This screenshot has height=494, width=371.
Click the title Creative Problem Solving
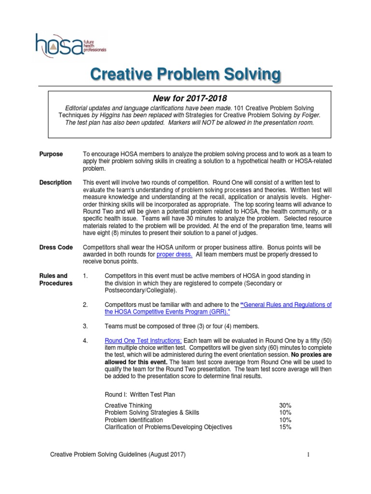(185, 75)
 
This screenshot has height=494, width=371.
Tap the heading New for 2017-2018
(185, 98)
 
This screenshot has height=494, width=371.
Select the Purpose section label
(51, 154)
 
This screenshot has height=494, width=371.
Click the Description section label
(56, 182)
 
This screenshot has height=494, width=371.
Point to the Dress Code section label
(56, 247)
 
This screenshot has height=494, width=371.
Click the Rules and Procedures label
(56, 279)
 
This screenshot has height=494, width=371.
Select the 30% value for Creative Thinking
(285, 406)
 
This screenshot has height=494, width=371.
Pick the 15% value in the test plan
(285, 427)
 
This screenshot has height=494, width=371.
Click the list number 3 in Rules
(85, 326)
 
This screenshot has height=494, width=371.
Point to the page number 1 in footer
(307, 455)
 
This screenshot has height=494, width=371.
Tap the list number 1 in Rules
(85, 276)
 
